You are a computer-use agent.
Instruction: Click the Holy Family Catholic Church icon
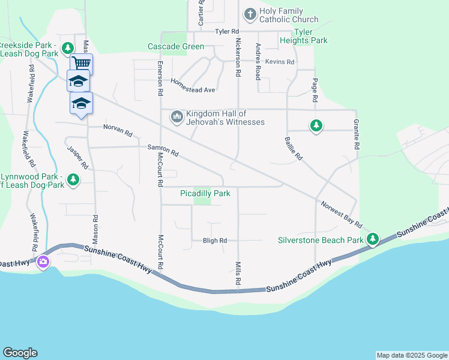[250, 13]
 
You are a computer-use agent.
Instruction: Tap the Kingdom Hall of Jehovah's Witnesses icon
[176, 116]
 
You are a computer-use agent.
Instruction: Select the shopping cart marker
[81, 62]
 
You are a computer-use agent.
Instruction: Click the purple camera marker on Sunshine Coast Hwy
[43, 262]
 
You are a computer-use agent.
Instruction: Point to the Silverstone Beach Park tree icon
[373, 240]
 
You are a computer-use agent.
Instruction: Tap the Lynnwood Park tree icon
[73, 179]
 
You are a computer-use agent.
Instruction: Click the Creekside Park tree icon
[68, 47]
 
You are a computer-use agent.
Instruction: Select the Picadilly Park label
[205, 193]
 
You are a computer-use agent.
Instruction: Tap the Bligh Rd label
[215, 241]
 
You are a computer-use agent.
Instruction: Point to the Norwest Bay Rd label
[341, 215]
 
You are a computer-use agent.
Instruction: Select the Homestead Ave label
[193, 86]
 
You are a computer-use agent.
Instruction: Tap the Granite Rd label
[357, 134]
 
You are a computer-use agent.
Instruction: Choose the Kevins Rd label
[280, 62]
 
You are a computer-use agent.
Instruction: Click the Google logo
[20, 353]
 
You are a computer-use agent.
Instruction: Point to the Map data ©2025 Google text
[412, 355]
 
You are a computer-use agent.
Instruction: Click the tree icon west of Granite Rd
[316, 125]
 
